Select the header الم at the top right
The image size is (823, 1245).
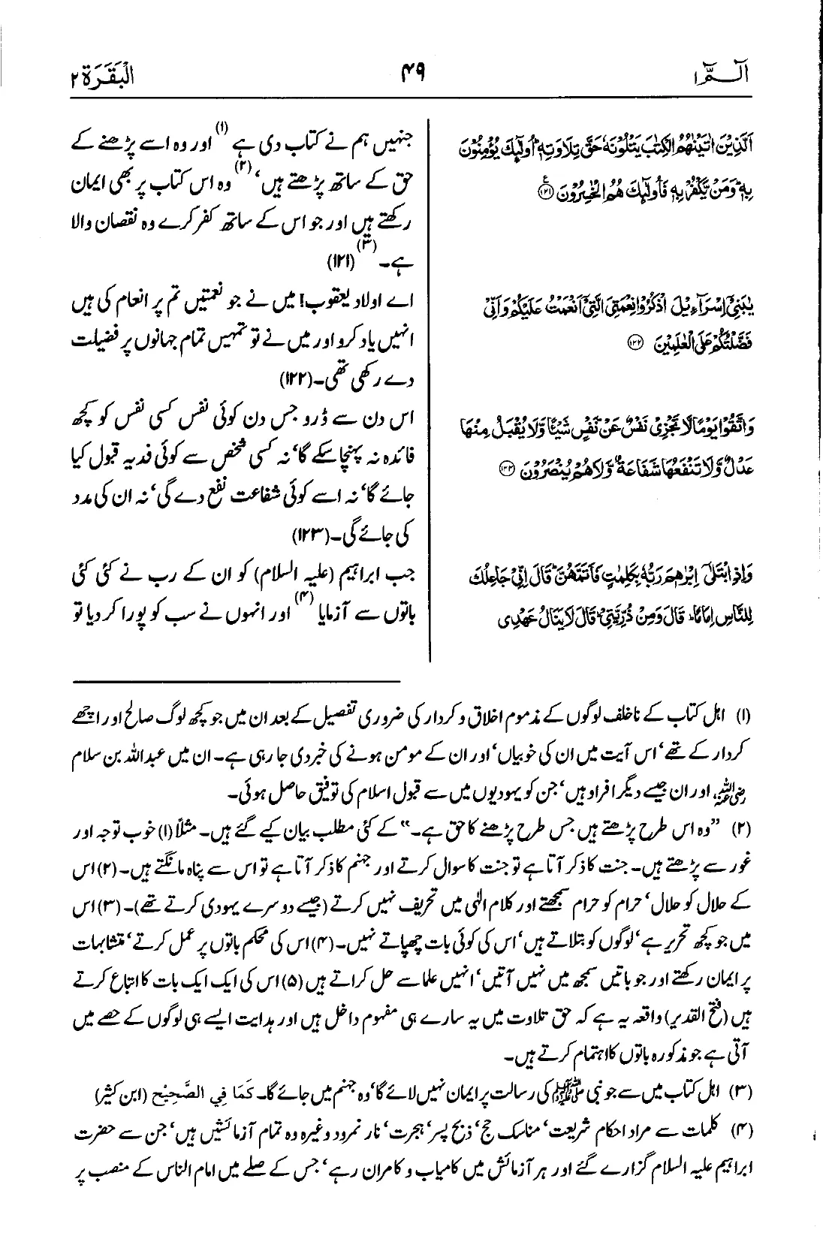pos(732,76)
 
